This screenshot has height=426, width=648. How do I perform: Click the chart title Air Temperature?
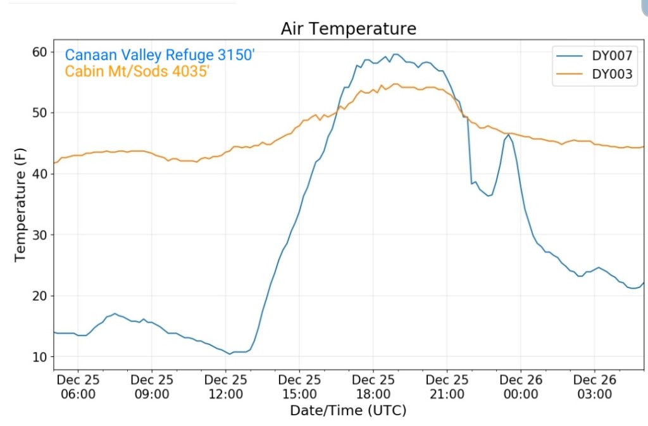pos(349,29)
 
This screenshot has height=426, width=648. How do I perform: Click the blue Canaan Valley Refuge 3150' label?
pos(159,55)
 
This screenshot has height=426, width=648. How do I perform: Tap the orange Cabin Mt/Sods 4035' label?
pos(137,72)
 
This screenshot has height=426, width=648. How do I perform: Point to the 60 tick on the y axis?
pos(40,52)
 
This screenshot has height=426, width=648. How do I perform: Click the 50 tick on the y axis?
pos(40,113)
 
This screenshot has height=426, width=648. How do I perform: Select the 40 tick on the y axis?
pos(40,174)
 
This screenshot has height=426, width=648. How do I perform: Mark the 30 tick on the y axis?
pos(40,235)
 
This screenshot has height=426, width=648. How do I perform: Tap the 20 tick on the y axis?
pos(40,296)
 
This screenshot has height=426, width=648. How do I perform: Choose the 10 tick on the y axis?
pos(40,357)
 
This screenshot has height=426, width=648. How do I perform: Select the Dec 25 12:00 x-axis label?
pos(226,387)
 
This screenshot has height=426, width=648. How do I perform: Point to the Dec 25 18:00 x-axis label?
pos(373,387)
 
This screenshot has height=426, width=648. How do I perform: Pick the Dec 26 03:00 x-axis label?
pos(594,387)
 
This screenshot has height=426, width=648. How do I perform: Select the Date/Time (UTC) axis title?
pos(348,410)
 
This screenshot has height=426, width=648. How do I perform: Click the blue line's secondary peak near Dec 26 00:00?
pos(508,134)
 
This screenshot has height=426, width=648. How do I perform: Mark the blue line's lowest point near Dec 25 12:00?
pos(229,354)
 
